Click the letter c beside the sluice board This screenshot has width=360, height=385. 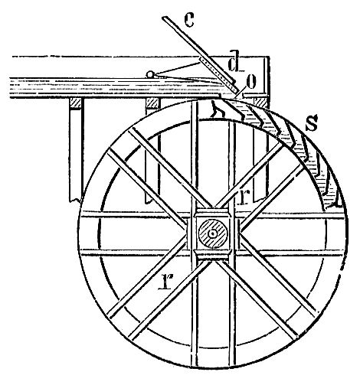pos(189,20)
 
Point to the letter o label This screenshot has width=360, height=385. pos(250,82)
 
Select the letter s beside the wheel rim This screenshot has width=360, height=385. pos(312,122)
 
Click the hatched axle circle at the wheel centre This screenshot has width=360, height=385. pos(213,233)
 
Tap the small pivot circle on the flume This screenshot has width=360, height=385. pos(149,74)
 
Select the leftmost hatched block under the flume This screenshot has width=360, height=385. pos(76,103)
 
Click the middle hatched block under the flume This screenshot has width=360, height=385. pos(152,103)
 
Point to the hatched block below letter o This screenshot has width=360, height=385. pos(260,103)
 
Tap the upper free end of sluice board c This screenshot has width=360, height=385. pos(165,18)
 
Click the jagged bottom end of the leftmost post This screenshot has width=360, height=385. pos(76,200)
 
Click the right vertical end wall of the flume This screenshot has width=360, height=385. pos(267,76)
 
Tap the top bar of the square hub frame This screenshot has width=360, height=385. pos(213,212)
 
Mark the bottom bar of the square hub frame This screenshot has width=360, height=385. pos(213,256)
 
